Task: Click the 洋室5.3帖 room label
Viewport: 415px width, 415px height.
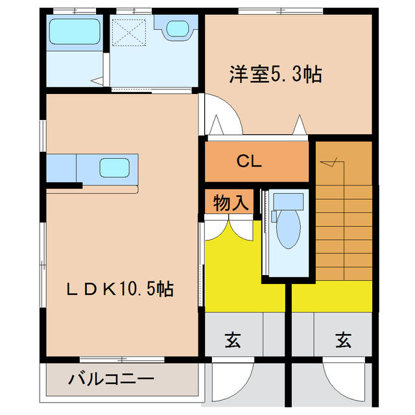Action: tap(275, 75)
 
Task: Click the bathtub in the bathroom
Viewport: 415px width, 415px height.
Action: tap(74, 30)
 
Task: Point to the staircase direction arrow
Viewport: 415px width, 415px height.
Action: tap(331, 162)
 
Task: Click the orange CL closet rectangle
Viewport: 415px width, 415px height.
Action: tap(256, 162)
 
